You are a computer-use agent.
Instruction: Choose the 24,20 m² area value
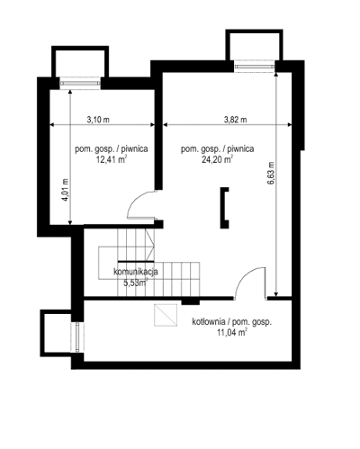[x=219, y=162]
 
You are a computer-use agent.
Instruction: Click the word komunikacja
[x=136, y=271]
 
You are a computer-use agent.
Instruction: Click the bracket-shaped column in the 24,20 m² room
[x=224, y=204]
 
